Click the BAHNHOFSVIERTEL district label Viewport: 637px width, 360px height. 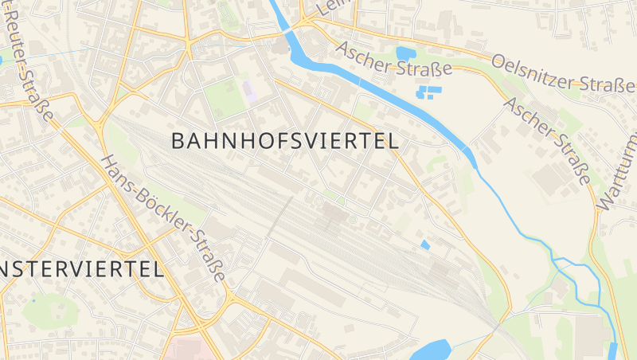point(285,141)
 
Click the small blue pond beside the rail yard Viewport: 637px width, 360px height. point(425,245)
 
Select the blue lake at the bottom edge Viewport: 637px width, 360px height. point(434,350)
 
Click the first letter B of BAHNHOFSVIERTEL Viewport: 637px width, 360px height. point(178,141)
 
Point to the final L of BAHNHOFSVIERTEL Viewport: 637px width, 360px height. point(392,141)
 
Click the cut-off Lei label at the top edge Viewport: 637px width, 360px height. point(326,8)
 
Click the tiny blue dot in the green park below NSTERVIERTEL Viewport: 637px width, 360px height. point(34,300)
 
